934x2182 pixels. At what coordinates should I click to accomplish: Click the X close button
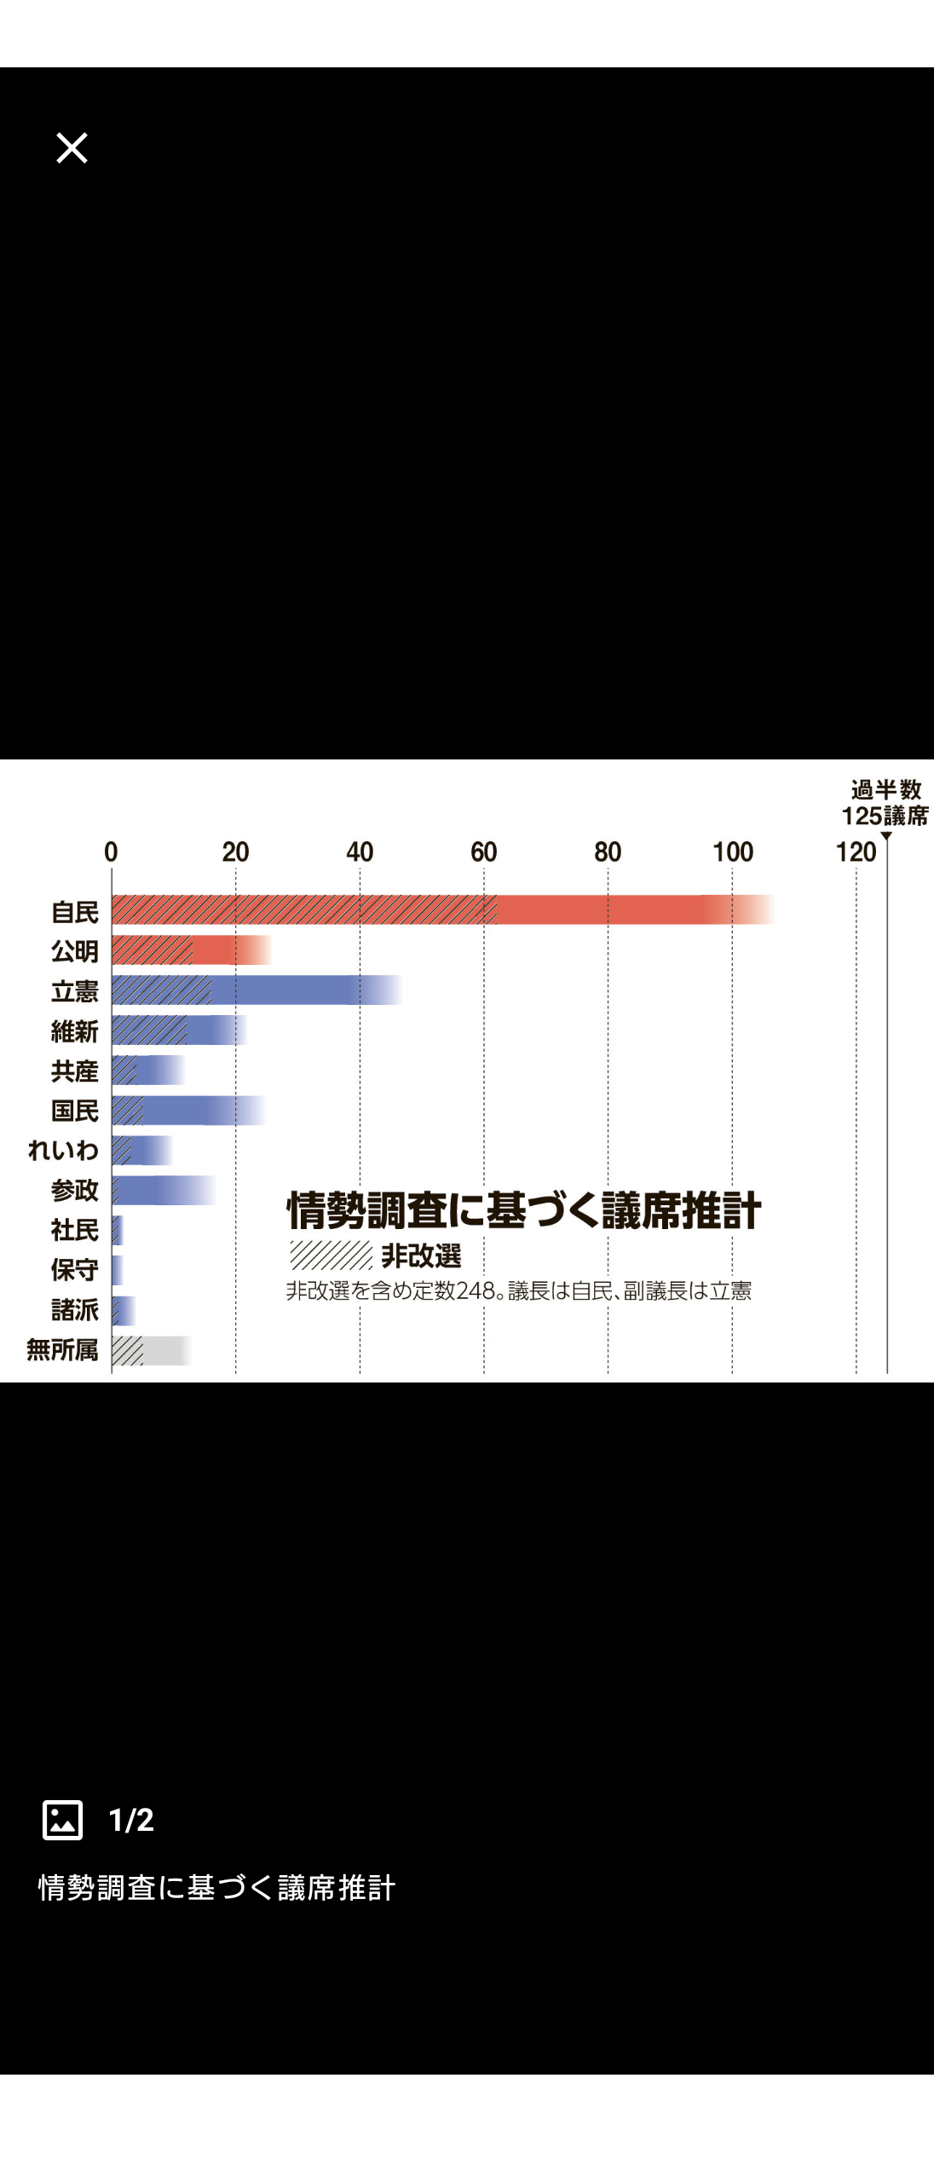(x=72, y=147)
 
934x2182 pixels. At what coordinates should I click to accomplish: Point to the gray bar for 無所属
(x=150, y=1350)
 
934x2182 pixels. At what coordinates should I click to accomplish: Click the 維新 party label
(x=75, y=1031)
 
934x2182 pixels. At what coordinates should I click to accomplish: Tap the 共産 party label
(x=75, y=1071)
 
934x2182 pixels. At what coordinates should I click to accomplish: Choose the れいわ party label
(x=64, y=1150)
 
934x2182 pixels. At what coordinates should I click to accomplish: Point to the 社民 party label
(x=75, y=1230)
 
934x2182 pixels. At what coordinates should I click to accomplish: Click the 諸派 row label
(x=75, y=1309)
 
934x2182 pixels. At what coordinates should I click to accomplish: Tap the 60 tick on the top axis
(x=483, y=851)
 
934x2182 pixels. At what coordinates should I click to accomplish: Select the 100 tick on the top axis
(x=732, y=851)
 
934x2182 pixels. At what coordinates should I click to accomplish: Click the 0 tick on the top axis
(x=111, y=851)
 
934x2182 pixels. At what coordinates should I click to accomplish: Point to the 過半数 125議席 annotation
(x=885, y=803)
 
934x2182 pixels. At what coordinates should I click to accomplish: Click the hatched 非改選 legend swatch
(x=331, y=1256)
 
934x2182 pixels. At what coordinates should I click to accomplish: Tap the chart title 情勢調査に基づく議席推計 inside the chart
(x=523, y=1210)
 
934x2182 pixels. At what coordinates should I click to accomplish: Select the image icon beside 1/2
(x=63, y=1820)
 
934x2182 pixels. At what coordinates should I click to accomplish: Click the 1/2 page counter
(x=131, y=1820)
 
